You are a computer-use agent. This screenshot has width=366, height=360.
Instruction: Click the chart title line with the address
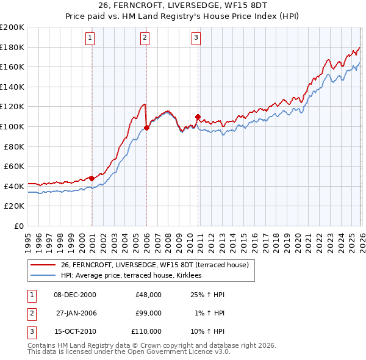coord(182,5)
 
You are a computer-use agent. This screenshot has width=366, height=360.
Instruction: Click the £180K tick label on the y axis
coord(12,47)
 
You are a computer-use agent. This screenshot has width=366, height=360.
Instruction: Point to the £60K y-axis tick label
coord(14,166)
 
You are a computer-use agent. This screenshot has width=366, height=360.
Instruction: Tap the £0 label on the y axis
coord(19,226)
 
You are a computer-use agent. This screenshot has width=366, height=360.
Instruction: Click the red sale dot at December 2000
coord(91,178)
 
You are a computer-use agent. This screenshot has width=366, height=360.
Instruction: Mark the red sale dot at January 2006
coord(147,128)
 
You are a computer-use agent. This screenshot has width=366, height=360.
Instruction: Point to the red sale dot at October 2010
coord(198,117)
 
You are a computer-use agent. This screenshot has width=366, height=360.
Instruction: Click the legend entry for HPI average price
coord(135,276)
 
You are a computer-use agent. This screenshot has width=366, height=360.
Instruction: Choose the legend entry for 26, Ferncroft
coord(154,265)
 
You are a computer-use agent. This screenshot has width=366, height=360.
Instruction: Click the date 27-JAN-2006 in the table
coord(76,313)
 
